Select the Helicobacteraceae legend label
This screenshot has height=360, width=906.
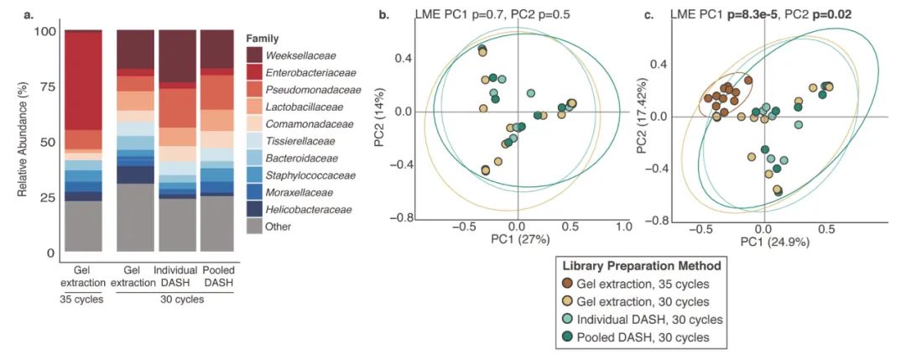tap(308, 209)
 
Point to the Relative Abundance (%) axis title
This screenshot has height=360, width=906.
tap(23, 141)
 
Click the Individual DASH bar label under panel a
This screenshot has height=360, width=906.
tap(175, 276)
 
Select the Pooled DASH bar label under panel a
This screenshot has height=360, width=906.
tap(217, 276)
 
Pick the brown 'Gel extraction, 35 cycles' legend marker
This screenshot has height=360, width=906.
tap(567, 284)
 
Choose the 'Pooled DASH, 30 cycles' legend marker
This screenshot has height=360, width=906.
tap(567, 337)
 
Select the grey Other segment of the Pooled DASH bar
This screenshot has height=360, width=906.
tap(217, 223)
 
